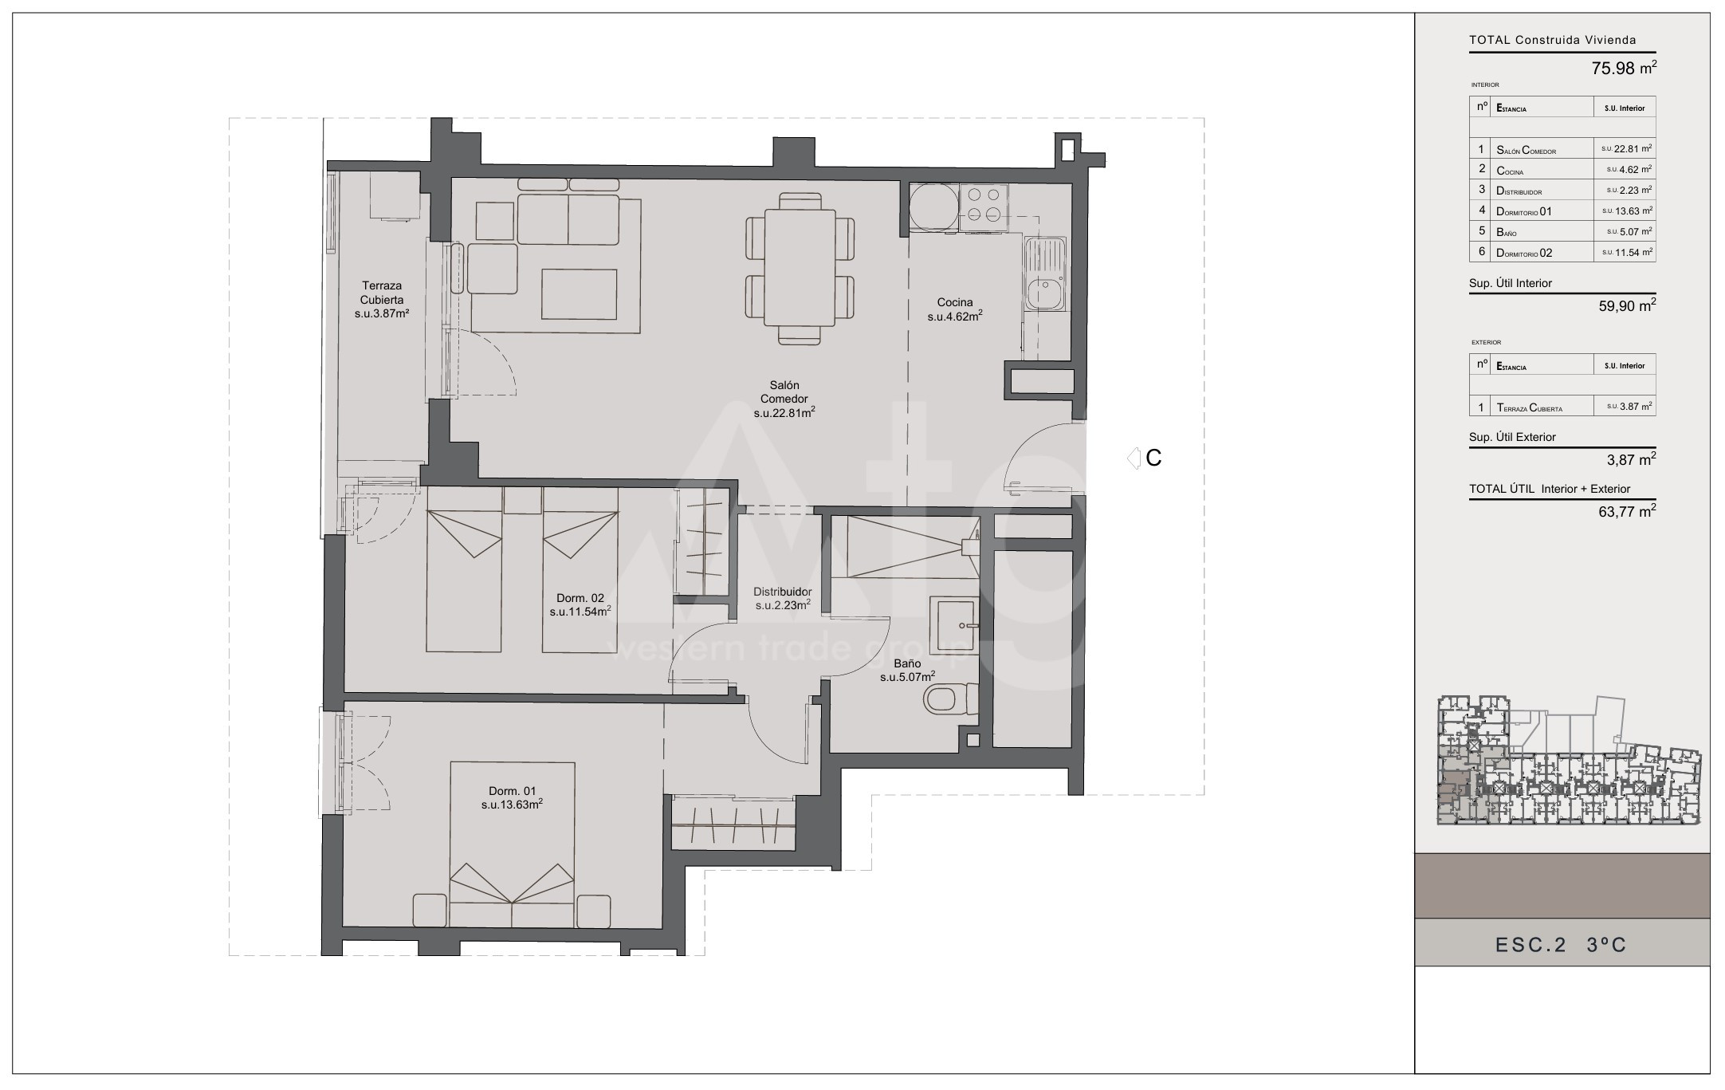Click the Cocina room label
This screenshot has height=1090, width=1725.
coord(954,302)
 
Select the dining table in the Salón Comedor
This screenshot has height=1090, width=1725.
coord(800,267)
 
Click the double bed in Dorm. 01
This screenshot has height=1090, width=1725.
coord(513,844)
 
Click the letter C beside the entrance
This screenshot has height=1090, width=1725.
coord(1153,458)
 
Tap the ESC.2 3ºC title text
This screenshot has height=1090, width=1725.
coord(1561,945)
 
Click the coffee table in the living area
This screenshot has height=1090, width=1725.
coord(579,295)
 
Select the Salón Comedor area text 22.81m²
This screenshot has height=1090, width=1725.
coord(784,413)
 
